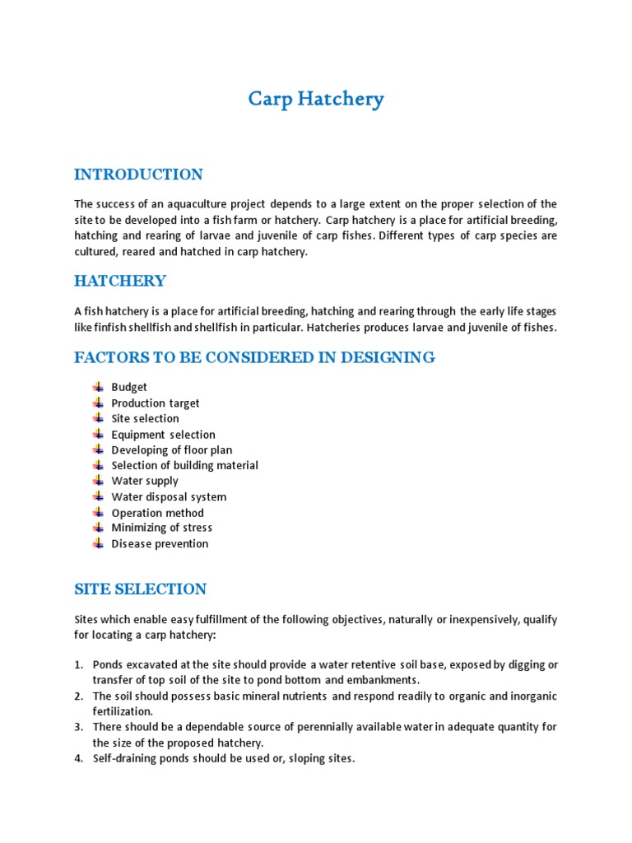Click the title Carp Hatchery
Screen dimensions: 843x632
tap(316, 100)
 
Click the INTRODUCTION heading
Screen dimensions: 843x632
tap(138, 175)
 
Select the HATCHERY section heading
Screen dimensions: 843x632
tap(120, 282)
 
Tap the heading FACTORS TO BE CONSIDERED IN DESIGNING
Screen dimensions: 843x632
tap(254, 357)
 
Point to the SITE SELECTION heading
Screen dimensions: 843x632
tap(140, 589)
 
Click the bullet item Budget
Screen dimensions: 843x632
tap(129, 387)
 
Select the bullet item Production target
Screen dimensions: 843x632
tap(156, 403)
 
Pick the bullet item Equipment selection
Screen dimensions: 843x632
tap(163, 434)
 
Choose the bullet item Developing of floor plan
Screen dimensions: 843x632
tap(171, 449)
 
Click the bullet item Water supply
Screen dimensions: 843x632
tap(145, 481)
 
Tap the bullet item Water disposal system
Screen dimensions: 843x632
tap(169, 496)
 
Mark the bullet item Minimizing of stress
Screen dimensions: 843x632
tap(161, 528)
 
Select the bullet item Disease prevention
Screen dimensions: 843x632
tap(160, 543)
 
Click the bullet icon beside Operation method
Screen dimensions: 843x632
tap(98, 512)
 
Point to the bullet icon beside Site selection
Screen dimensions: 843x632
tap(98, 418)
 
